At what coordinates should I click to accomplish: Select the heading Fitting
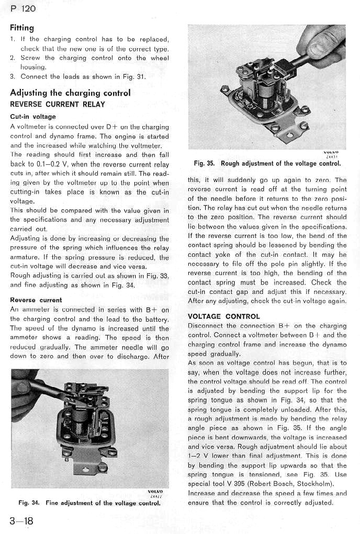click(x=21, y=27)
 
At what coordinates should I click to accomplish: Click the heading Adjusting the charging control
click(x=70, y=93)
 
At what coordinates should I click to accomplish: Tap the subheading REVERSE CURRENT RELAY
click(x=58, y=104)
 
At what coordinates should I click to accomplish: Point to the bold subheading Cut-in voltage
click(x=32, y=117)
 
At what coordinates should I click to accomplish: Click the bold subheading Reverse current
click(x=36, y=300)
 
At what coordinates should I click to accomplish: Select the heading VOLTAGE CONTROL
click(x=223, y=316)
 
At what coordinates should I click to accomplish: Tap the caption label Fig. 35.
click(x=205, y=164)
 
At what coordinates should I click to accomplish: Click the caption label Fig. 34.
click(x=29, y=503)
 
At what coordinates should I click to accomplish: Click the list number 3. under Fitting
click(x=13, y=76)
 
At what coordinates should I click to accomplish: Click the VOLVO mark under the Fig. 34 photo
click(x=155, y=491)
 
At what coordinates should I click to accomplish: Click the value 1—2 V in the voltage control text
click(x=198, y=456)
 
